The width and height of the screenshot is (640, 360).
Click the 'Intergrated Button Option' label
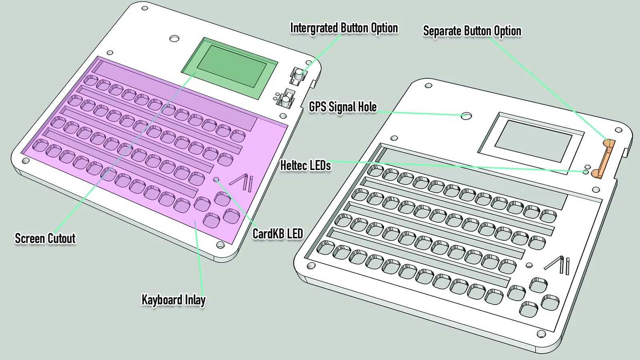(344, 28)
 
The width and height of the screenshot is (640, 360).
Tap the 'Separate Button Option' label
(472, 31)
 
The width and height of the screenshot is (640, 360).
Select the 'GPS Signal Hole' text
(343, 107)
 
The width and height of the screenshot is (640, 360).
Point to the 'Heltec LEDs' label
(306, 166)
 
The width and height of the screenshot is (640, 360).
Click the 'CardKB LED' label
(278, 234)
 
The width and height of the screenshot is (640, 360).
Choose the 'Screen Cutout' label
(45, 238)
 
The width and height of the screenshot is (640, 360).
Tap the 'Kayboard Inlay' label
(174, 300)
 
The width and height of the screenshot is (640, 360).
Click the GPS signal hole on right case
(466, 116)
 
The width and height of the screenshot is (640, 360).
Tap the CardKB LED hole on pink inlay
(216, 180)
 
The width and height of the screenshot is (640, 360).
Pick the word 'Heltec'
(294, 166)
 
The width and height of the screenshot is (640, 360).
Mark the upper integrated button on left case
(298, 74)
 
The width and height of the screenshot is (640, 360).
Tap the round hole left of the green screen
(174, 38)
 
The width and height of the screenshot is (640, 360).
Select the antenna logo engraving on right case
(558, 264)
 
